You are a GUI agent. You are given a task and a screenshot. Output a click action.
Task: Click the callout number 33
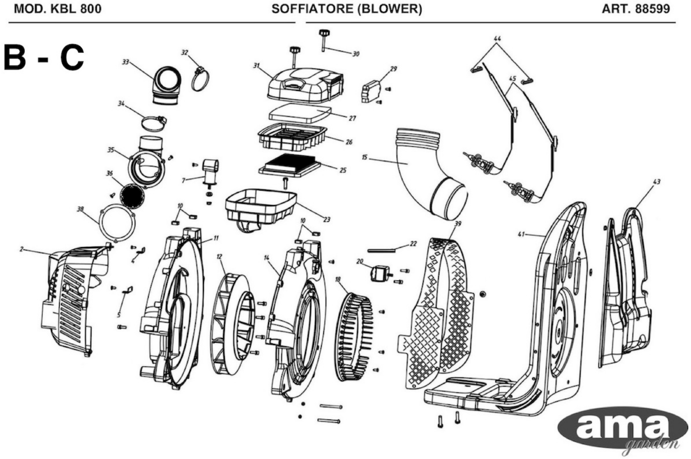(125, 62)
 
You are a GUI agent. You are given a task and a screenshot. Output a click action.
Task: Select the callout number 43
(657, 182)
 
